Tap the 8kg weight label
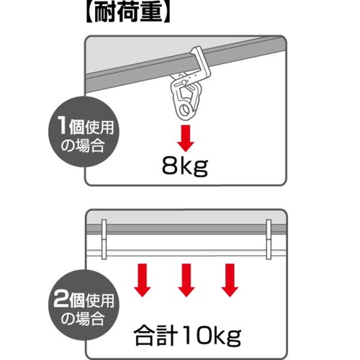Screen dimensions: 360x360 (185, 166)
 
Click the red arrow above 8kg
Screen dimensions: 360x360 (186, 138)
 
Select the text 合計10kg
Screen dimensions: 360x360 (187, 336)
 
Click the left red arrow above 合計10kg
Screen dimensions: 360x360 (143, 280)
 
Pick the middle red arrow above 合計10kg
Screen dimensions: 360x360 (186, 280)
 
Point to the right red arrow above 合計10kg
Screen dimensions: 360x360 (230, 280)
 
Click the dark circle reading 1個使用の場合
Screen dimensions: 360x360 (84, 132)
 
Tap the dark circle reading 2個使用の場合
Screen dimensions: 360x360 (84, 305)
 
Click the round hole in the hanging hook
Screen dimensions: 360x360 (185, 110)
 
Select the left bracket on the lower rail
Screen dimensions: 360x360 (104, 239)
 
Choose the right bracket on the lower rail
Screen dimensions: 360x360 (269, 239)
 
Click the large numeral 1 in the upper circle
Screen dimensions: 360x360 (63, 126)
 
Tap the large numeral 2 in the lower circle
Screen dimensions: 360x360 (62, 299)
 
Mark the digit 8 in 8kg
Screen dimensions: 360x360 (169, 166)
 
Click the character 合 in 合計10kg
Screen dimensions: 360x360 (144, 336)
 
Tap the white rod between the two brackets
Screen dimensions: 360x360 (186, 253)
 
